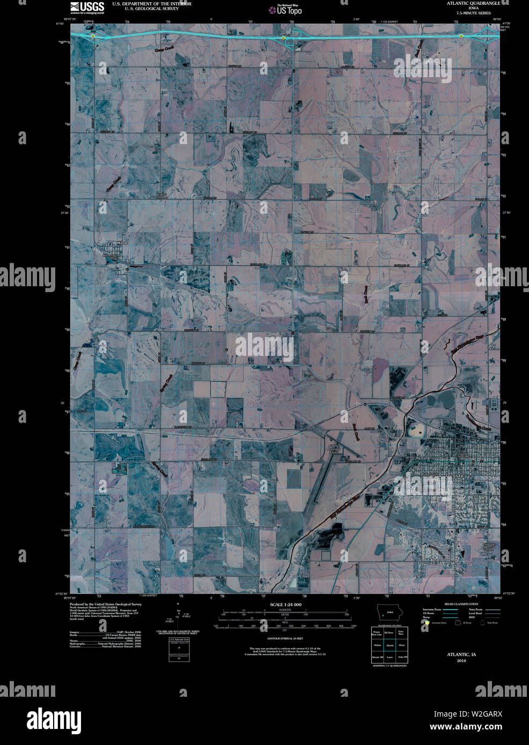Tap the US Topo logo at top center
point(286,9)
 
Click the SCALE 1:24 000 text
point(285,604)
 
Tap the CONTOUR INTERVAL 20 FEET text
point(285,638)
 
